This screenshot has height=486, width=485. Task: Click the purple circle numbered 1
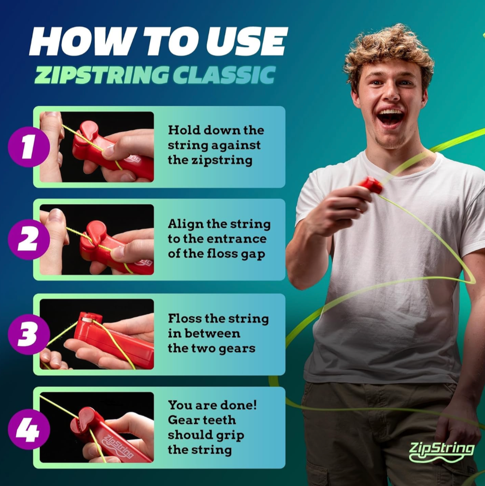(x=29, y=147)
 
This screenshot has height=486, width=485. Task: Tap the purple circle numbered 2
(x=29, y=239)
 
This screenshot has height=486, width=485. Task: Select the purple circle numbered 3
(x=29, y=334)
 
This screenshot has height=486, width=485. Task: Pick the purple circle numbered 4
(x=29, y=429)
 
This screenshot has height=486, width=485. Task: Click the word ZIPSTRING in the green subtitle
(x=102, y=75)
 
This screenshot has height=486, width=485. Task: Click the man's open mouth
(x=390, y=117)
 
